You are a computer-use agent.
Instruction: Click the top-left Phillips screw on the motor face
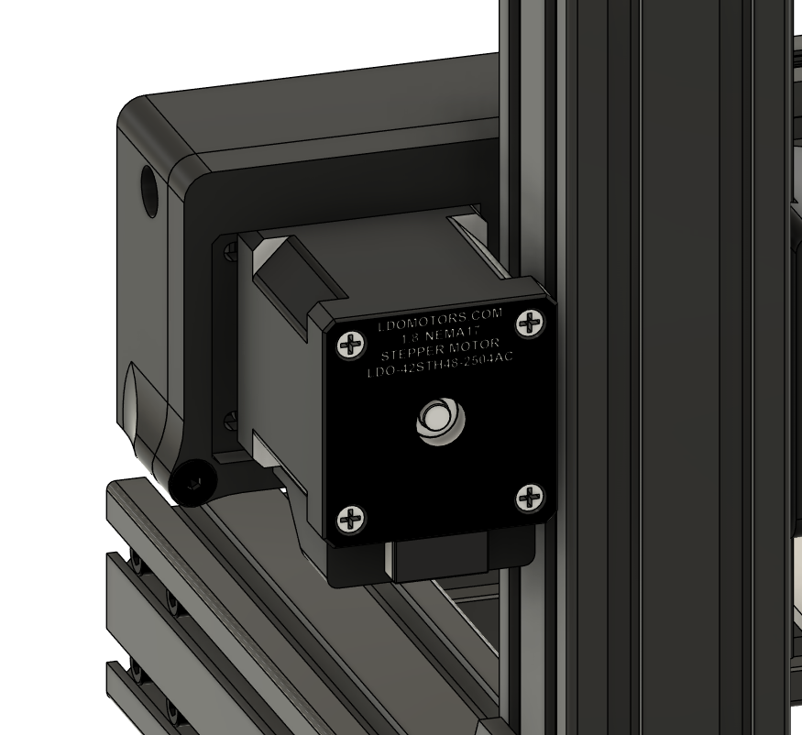click(x=351, y=345)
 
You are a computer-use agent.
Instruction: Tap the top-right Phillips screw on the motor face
click(x=531, y=324)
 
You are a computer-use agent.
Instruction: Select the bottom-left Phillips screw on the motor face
click(x=351, y=520)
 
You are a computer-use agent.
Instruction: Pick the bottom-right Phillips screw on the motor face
click(x=530, y=498)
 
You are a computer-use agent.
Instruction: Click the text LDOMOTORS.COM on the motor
click(x=440, y=321)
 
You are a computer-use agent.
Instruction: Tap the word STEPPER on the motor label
click(x=409, y=353)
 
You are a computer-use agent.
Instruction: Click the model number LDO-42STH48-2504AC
click(x=440, y=365)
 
